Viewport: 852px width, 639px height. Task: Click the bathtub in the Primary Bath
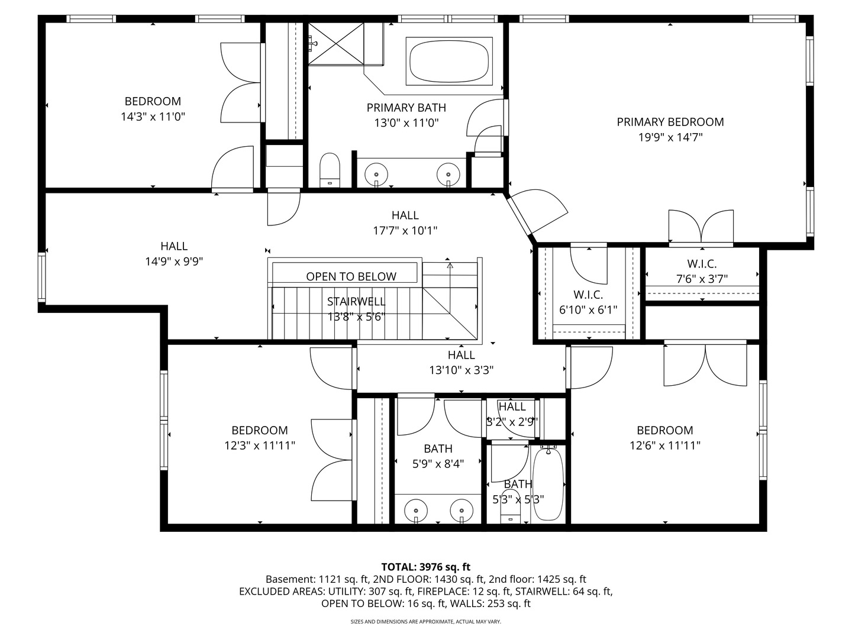click(449, 61)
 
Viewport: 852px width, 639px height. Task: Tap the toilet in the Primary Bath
click(330, 170)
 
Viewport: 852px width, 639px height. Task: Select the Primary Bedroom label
click(670, 122)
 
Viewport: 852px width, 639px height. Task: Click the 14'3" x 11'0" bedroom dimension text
click(153, 117)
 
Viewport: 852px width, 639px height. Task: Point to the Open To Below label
click(351, 276)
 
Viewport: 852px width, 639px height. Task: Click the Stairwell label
click(356, 302)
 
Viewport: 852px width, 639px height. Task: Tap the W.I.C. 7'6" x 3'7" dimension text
click(702, 279)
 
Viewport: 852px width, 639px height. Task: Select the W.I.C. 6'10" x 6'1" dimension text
click(588, 310)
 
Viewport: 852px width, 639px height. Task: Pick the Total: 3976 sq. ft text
click(426, 567)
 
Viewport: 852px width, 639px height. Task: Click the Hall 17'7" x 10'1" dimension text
click(405, 231)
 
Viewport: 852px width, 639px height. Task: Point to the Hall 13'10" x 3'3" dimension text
click(461, 370)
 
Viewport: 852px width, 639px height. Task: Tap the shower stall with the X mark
click(336, 44)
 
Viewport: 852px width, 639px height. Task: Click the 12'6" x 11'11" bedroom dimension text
click(665, 446)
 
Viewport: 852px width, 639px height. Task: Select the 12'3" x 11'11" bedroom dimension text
click(260, 446)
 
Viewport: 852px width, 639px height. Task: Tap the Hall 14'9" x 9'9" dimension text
click(174, 262)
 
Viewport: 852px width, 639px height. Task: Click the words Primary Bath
click(406, 108)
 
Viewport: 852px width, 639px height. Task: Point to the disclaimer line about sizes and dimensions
click(426, 621)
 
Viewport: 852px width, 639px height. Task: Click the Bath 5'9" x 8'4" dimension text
click(438, 464)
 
